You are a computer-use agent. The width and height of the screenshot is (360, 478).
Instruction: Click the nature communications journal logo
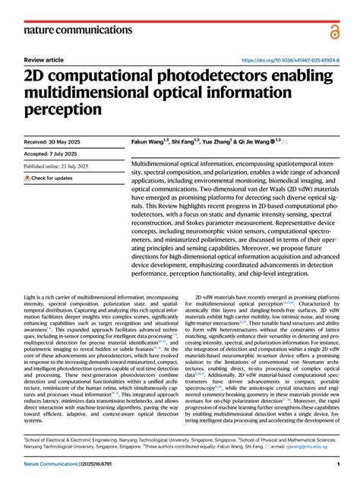(78, 30)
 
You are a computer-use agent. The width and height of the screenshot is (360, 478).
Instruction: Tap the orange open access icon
(335, 31)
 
